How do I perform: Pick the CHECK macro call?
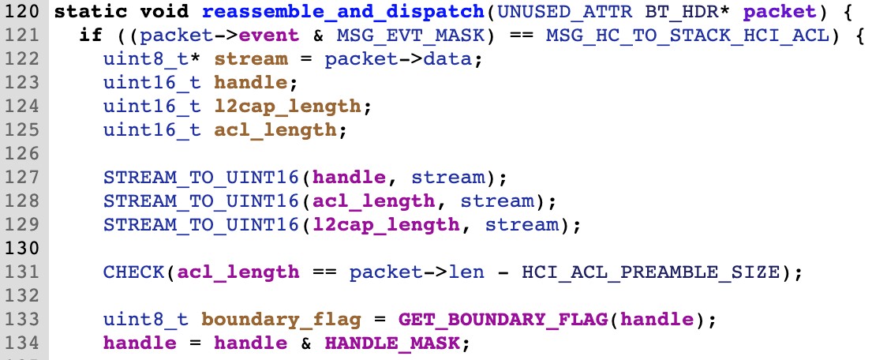coord(133,272)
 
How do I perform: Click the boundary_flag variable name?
coord(281,320)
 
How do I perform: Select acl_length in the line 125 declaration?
coord(275,130)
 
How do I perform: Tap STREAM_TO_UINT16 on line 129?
coord(200,225)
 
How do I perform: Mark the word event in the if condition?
coord(268,36)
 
